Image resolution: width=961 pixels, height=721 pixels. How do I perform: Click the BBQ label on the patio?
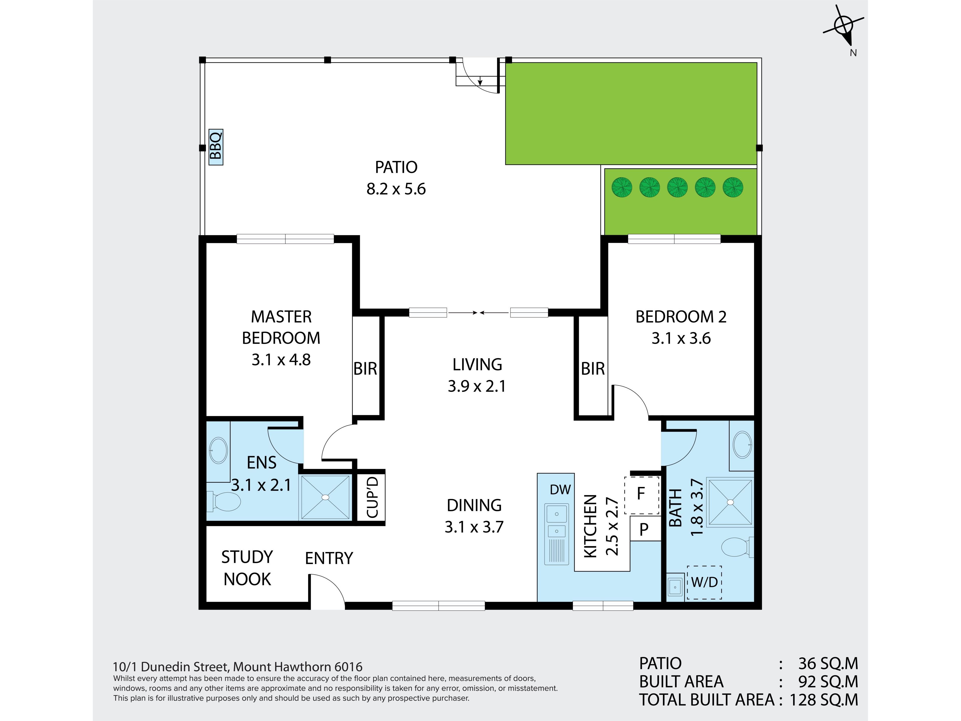coord(216,147)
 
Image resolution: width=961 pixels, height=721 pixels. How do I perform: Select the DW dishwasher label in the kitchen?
coord(560,490)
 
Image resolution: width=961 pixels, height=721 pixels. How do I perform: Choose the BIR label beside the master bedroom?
coord(365,369)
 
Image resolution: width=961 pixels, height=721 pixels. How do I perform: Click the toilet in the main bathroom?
coord(737,547)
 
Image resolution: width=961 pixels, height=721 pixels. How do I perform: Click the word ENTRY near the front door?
coord(329,559)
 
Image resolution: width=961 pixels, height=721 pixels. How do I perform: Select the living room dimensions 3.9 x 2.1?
coord(477,386)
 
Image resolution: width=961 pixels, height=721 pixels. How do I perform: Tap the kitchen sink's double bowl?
coord(557,521)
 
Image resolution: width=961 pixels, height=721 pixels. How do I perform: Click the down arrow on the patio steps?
coord(480,80)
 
